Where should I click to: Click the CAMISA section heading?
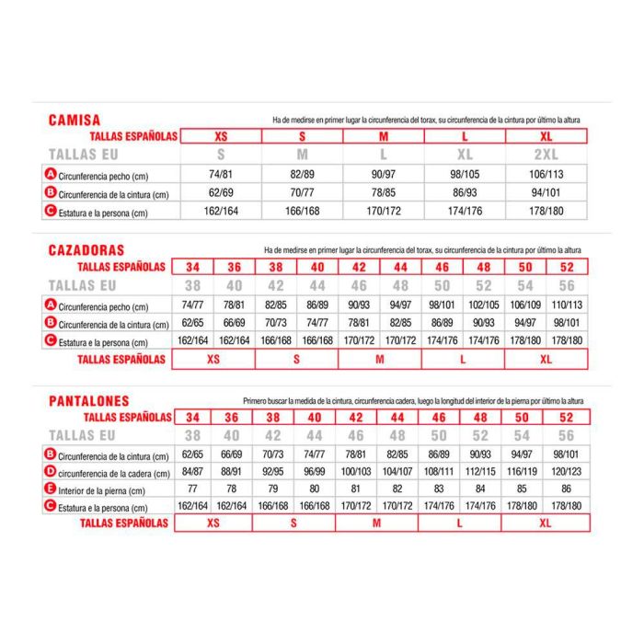[75, 120]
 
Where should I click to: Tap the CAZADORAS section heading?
[86, 249]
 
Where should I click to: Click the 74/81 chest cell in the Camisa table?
[221, 175]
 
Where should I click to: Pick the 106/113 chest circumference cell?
[544, 175]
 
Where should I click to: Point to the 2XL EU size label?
[544, 155]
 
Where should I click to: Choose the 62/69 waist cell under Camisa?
[221, 193]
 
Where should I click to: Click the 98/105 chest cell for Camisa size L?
[464, 175]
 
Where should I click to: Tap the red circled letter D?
[51, 472]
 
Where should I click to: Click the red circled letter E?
[51, 489]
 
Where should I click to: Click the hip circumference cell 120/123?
[566, 473]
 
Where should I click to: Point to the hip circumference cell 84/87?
[192, 473]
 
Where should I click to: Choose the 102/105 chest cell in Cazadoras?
[483, 305]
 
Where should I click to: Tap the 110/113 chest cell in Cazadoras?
[566, 305]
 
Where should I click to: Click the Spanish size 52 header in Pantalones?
[566, 417]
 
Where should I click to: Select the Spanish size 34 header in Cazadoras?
[192, 267]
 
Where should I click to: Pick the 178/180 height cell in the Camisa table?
[544, 212]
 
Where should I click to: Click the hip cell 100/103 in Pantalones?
[357, 473]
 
